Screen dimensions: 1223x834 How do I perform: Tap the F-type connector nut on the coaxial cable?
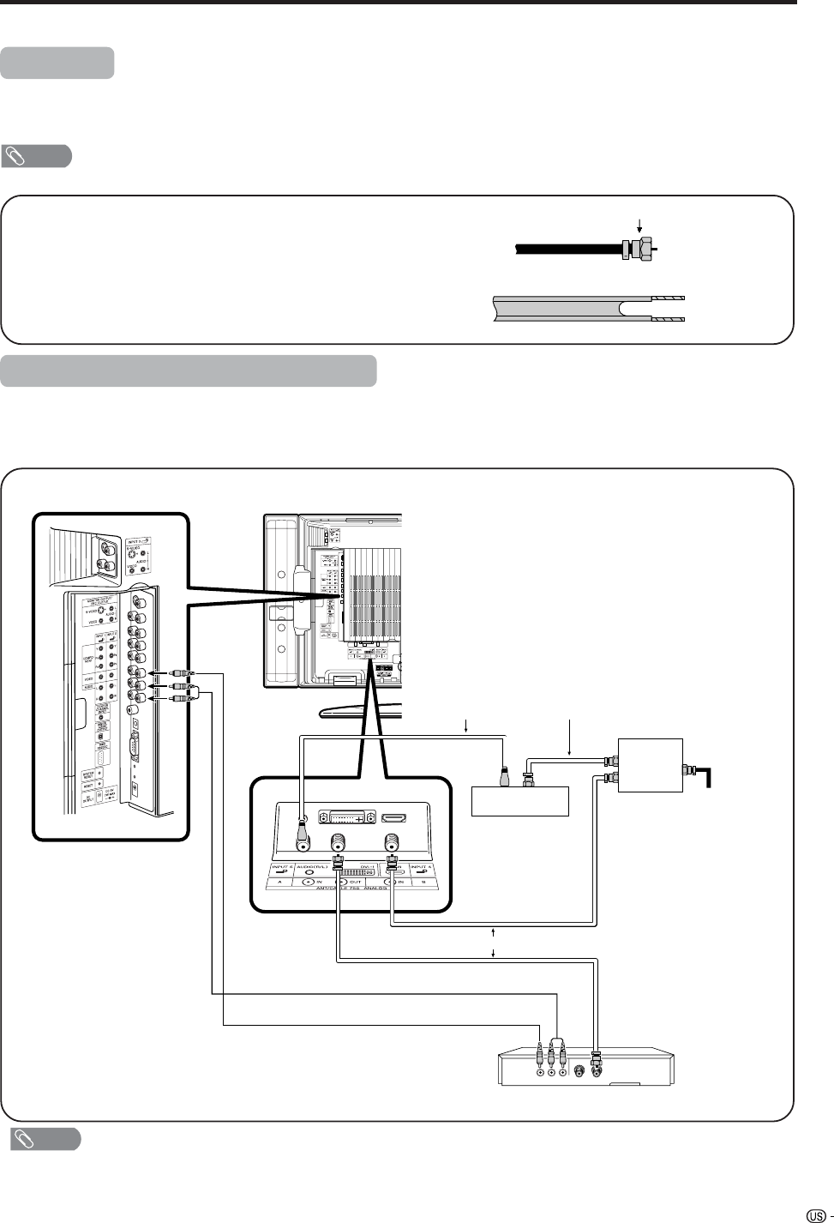(x=637, y=249)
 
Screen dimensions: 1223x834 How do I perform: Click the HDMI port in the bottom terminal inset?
(x=393, y=818)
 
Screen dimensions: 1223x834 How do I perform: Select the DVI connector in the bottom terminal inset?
(x=344, y=819)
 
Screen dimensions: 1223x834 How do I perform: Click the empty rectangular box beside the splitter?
(x=520, y=801)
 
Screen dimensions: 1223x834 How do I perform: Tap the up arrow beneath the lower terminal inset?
(x=495, y=932)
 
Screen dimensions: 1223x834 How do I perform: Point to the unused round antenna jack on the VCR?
(x=580, y=1070)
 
